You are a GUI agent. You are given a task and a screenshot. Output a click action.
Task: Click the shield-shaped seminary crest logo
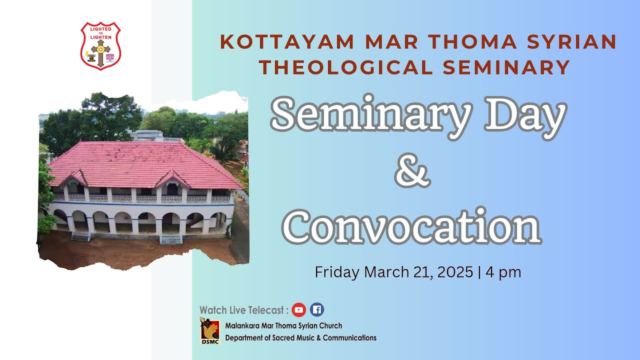click(100, 45)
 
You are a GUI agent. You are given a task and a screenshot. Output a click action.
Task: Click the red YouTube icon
click(299, 310)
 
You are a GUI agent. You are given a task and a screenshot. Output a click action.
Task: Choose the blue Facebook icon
click(316, 310)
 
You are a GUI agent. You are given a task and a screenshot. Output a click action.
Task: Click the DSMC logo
click(210, 330)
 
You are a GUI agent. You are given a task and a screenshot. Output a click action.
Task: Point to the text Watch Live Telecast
click(244, 310)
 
